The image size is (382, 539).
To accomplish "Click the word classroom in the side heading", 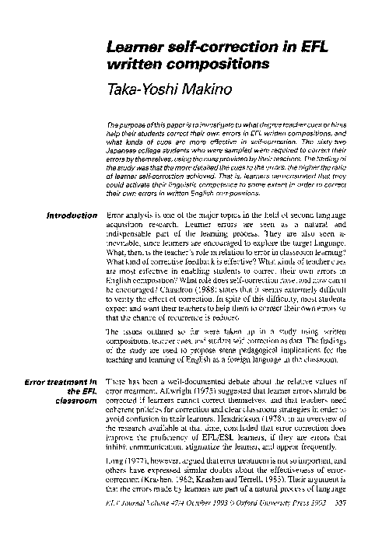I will [75, 401].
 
